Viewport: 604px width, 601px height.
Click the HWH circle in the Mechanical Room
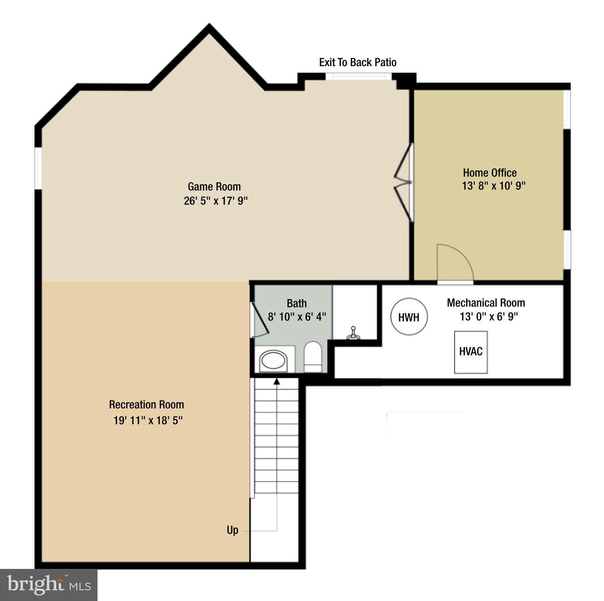[409, 317]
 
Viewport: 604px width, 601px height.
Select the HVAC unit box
[471, 352]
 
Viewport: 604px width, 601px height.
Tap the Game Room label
[214, 187]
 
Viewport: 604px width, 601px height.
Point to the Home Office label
[490, 173]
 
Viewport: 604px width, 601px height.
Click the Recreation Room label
[147, 404]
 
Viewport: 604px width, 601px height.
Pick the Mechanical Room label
[486, 303]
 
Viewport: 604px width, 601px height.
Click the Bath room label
[296, 303]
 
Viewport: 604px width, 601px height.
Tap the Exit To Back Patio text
[357, 62]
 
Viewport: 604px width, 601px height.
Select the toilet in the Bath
[313, 356]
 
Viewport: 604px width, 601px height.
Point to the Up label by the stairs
[233, 530]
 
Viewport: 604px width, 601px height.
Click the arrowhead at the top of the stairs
[277, 382]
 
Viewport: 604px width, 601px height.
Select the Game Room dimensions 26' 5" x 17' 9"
[216, 200]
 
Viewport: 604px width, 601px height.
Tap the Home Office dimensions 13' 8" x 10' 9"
[493, 185]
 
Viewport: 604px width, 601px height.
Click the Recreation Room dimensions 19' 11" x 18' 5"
[148, 420]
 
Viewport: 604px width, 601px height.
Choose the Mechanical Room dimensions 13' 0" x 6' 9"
[489, 317]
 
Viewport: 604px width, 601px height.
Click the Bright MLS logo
[49, 585]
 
